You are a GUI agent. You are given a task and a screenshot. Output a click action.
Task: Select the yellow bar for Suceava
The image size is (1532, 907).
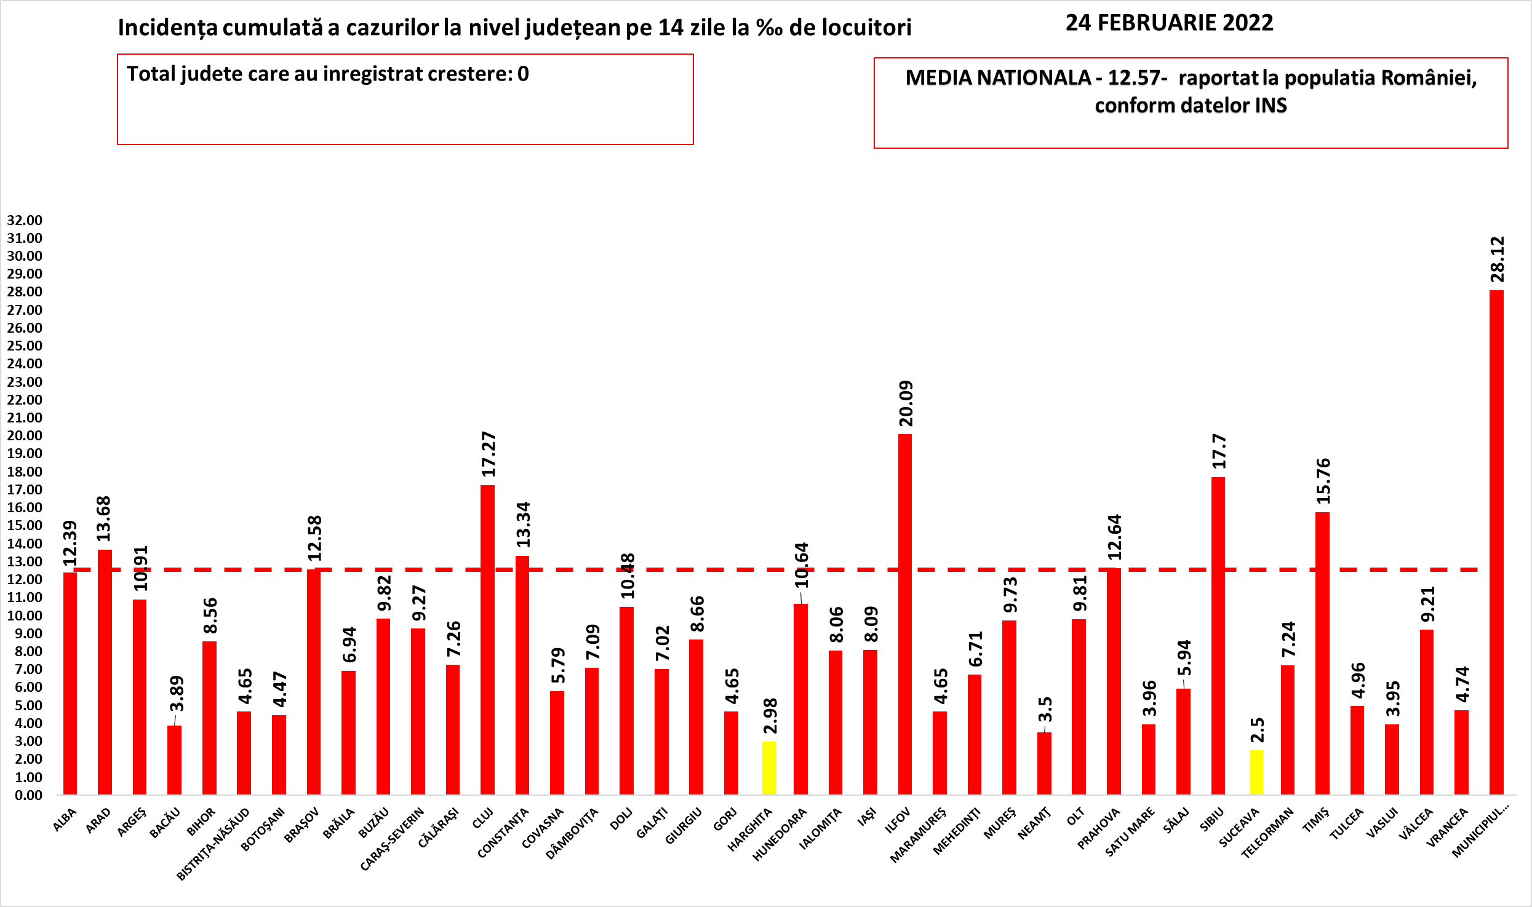click(1256, 772)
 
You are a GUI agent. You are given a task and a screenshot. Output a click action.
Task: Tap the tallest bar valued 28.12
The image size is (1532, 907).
click(1496, 541)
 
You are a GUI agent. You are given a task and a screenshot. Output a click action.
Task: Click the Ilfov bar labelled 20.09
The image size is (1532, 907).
click(905, 615)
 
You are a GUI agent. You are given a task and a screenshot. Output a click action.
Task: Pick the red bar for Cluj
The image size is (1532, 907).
click(487, 640)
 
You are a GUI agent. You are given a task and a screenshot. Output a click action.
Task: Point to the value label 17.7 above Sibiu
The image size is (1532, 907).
click(1219, 451)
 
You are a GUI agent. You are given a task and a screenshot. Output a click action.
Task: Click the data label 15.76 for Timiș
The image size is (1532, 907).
click(1323, 481)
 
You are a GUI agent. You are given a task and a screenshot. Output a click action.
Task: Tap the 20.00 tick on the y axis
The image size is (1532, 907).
click(25, 435)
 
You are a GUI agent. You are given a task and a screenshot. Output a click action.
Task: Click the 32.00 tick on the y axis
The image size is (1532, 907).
click(25, 220)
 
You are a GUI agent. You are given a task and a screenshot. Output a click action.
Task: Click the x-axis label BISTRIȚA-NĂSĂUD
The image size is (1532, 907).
click(213, 844)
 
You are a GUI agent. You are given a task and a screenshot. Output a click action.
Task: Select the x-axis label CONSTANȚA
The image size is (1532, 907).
click(503, 833)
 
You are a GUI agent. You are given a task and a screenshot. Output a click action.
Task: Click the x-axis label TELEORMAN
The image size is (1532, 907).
click(1267, 833)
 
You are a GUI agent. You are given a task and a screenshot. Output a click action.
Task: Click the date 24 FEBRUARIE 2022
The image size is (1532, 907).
click(1169, 23)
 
